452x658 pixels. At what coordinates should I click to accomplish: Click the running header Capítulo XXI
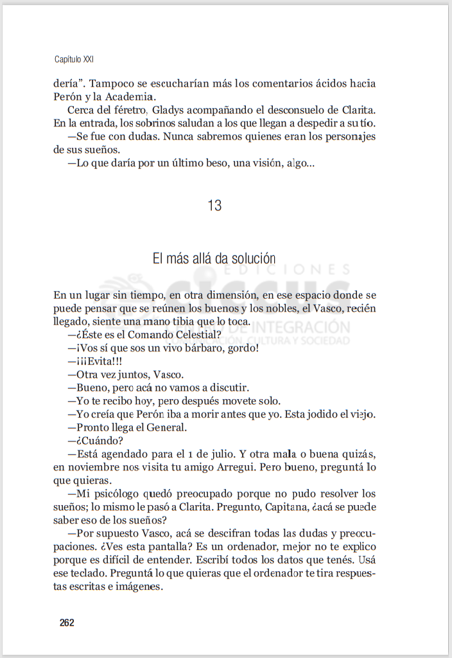74,59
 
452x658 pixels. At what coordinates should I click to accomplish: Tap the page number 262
67,623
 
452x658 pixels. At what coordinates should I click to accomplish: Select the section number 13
214,206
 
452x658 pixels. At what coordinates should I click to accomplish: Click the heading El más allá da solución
214,258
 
